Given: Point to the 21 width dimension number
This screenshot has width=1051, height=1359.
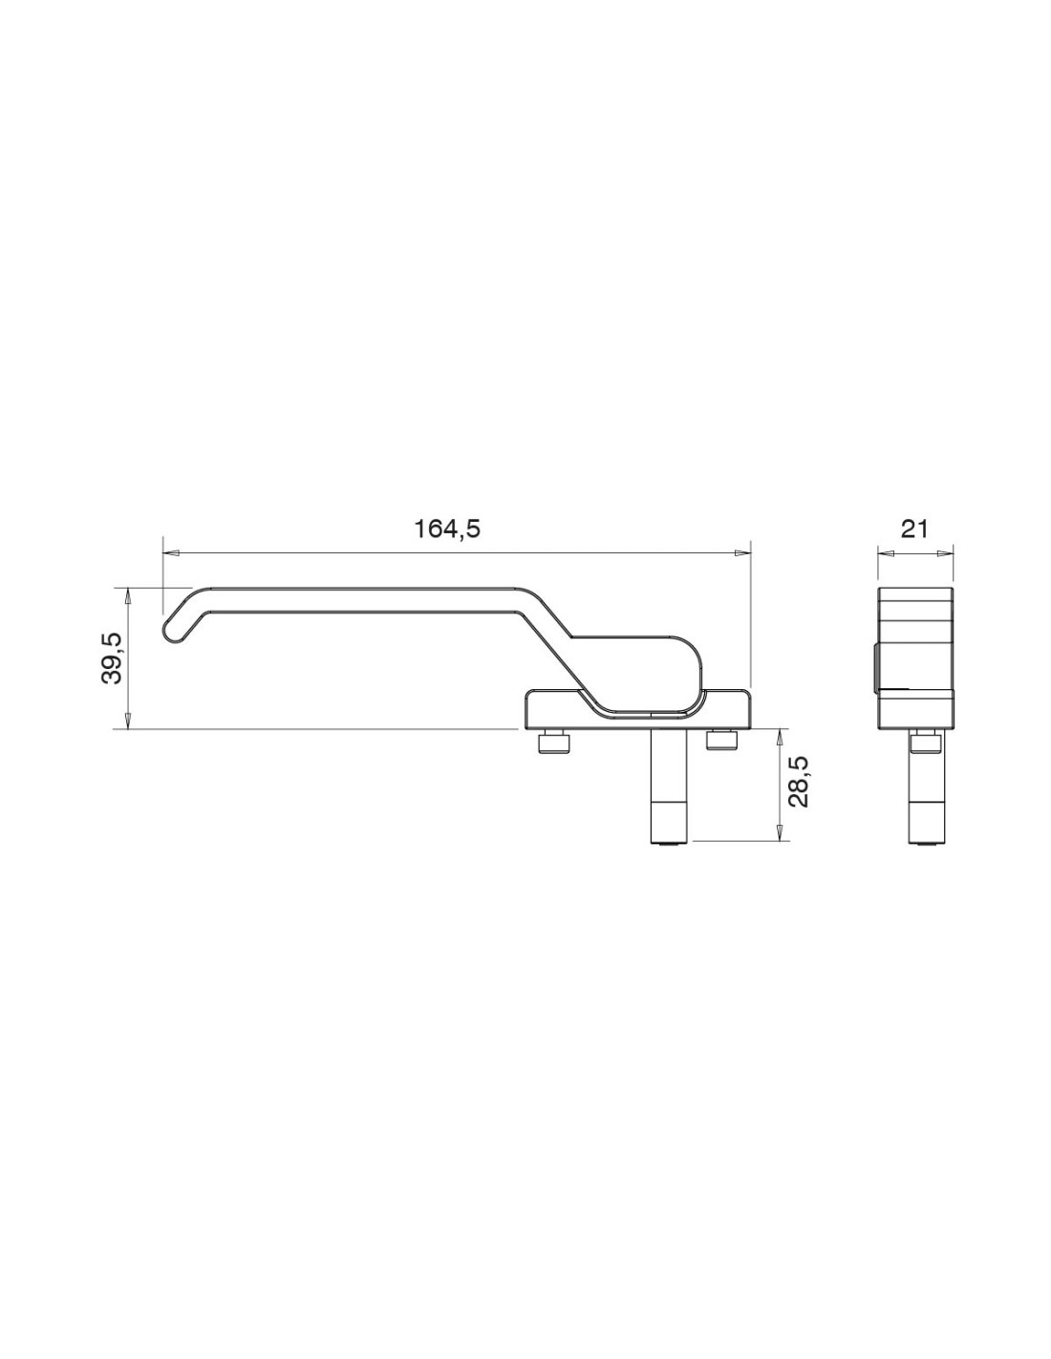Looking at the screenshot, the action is pyautogui.click(x=914, y=529).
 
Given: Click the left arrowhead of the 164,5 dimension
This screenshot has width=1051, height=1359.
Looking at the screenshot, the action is pyautogui.click(x=171, y=552).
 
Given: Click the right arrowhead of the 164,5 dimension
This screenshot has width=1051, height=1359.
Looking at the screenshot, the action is pyautogui.click(x=741, y=552).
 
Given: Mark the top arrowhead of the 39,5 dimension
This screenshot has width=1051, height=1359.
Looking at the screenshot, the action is pyautogui.click(x=127, y=595).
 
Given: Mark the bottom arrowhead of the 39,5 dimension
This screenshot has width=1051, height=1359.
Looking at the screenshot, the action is pyautogui.click(x=127, y=721).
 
